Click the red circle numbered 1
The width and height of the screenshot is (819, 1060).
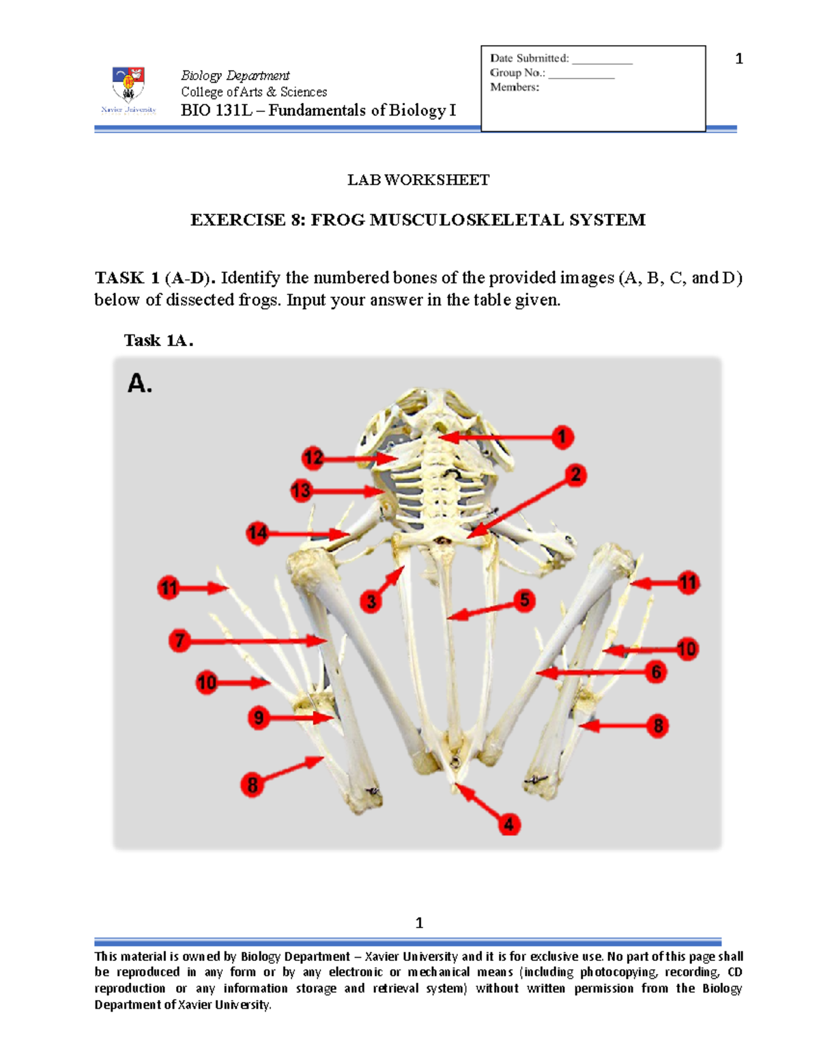[x=562, y=437]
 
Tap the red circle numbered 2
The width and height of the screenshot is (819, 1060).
[x=575, y=475]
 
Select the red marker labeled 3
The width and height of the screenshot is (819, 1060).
[x=371, y=601]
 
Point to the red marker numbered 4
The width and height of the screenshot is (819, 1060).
[x=508, y=824]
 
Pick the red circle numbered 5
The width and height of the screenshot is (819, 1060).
[x=524, y=601]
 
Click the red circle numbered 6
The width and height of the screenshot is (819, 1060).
[x=656, y=672]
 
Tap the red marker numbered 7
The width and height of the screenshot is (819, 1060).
[x=179, y=640]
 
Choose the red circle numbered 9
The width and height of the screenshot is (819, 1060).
[x=259, y=717]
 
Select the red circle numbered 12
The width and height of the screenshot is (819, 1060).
[x=313, y=457]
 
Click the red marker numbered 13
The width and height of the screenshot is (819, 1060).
[x=301, y=490]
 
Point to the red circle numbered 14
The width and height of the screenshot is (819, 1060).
[x=257, y=532]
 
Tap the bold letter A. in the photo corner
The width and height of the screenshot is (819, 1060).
[x=140, y=384]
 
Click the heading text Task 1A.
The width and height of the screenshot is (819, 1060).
[x=158, y=340]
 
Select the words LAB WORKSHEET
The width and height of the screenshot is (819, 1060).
[x=418, y=180]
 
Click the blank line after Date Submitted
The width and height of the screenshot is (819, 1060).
[x=602, y=60]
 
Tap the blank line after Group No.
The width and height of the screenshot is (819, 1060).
[x=581, y=74]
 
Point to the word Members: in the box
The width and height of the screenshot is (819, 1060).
[x=514, y=87]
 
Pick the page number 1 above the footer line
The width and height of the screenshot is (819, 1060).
[x=419, y=923]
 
